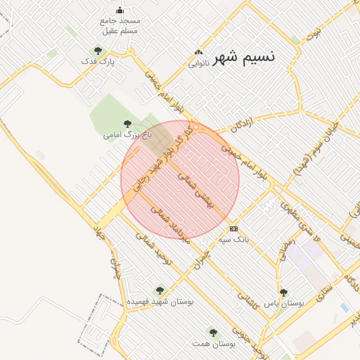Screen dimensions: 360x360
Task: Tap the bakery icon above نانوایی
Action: coord(199,52)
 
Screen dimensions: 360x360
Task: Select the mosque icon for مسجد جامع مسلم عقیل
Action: coord(120,10)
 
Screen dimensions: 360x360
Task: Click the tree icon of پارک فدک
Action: coord(98,51)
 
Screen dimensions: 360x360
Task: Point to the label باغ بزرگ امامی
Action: coord(127,133)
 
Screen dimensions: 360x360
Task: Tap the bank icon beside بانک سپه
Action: coord(233,229)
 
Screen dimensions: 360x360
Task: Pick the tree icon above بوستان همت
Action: coord(213,332)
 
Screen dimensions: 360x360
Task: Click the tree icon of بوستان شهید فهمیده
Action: coord(160,290)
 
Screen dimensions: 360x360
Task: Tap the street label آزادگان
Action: coord(241,124)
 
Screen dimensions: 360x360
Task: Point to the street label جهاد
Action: coord(99,235)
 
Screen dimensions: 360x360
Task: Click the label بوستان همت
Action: coord(213,345)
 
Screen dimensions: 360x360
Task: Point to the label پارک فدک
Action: coord(98,62)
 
